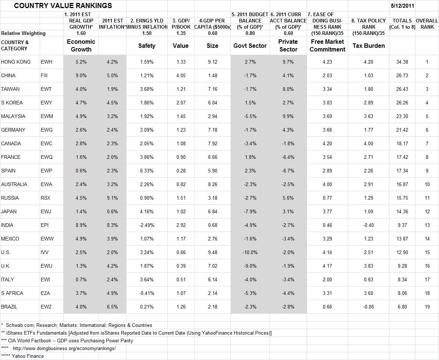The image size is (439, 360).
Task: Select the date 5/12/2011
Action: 402,6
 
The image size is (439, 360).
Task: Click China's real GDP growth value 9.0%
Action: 81,75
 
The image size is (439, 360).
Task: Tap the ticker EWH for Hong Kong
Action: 46,62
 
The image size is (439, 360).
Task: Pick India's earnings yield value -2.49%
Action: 147,225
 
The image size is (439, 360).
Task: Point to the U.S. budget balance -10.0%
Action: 250,252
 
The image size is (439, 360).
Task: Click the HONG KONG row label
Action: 16,62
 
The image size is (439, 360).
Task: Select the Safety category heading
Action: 147,46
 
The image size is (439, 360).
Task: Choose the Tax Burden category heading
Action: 368,46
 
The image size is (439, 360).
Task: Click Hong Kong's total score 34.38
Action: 402,62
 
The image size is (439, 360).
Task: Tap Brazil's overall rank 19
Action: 427,307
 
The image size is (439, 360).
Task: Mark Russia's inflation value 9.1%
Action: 112,198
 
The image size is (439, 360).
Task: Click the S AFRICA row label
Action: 12,293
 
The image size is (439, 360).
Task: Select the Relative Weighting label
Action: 24,33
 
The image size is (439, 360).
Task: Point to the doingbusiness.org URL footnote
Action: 64,348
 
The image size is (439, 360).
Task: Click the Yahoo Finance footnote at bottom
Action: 22,356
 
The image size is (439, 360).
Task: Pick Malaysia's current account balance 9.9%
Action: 288,116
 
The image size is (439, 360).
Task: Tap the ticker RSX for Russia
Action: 46,198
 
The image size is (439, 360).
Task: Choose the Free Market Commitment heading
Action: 327,46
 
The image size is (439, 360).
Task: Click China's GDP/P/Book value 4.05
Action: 181,75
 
